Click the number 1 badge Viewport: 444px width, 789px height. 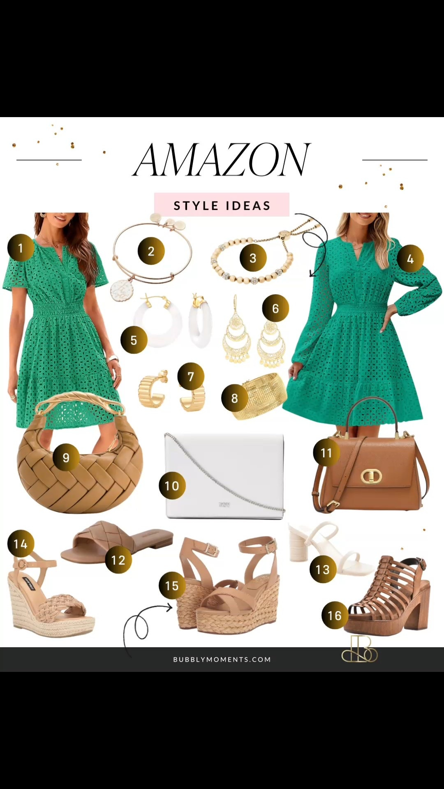click(x=21, y=248)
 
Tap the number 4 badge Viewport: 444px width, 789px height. click(x=410, y=259)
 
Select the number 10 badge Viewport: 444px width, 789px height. click(x=172, y=486)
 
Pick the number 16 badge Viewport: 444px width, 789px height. click(x=335, y=615)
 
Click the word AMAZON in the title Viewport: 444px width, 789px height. click(x=222, y=160)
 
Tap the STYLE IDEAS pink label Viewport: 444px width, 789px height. click(x=222, y=205)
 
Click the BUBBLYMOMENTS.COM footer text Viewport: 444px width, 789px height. click(x=222, y=659)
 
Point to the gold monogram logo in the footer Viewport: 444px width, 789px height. click(x=359, y=650)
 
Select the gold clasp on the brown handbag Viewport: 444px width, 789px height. click(x=371, y=476)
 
